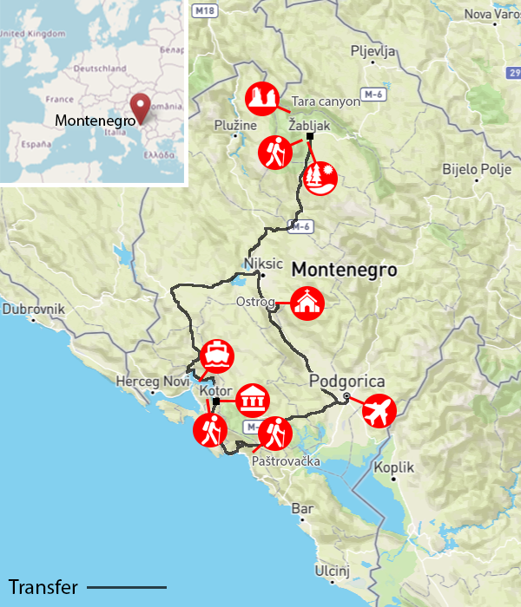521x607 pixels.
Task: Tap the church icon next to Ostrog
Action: tap(307, 303)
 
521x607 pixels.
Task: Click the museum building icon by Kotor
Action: tap(254, 401)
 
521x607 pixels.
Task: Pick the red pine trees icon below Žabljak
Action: tap(320, 178)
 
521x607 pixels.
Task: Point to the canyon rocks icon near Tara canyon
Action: tap(261, 100)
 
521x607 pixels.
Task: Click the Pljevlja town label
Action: tap(373, 50)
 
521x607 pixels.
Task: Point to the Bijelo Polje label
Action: tap(476, 169)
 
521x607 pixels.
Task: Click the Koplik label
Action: tap(394, 467)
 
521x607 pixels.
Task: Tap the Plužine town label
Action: tap(235, 125)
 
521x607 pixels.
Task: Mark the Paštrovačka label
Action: tap(286, 460)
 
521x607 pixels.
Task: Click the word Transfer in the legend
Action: tap(43, 587)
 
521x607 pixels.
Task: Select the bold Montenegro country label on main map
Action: tap(344, 270)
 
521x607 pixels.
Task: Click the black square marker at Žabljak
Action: tap(310, 136)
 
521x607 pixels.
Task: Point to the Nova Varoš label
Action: tap(491, 13)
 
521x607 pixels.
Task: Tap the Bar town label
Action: tap(303, 507)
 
